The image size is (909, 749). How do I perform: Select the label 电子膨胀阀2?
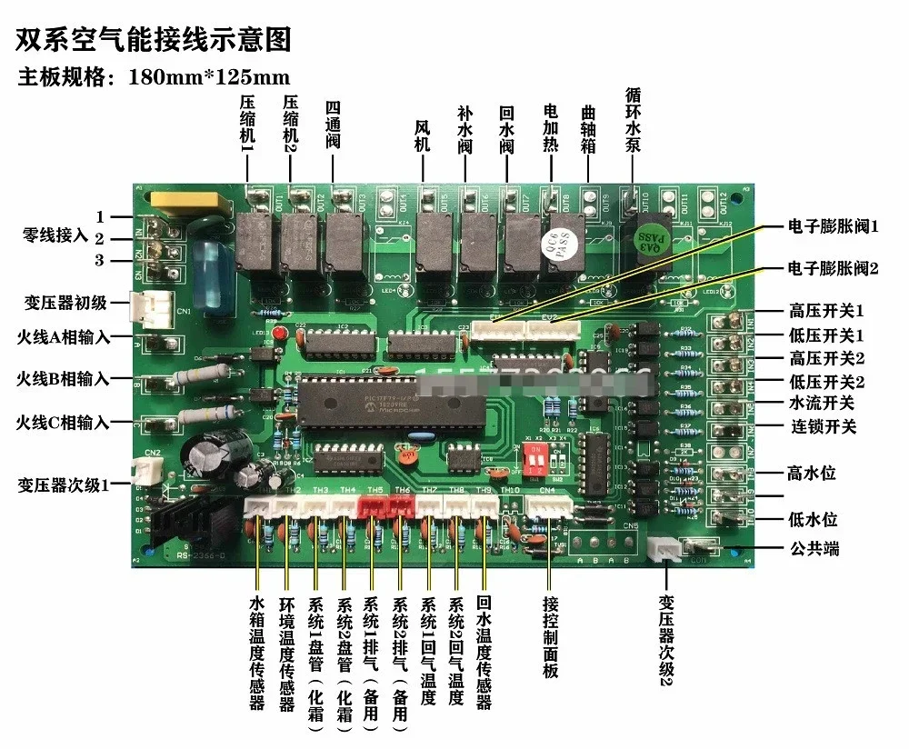pos(833,269)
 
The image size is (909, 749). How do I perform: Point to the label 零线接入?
pos(55,235)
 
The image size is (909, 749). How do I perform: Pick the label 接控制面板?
pos(549,637)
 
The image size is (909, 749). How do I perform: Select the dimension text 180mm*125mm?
pos(210,76)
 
